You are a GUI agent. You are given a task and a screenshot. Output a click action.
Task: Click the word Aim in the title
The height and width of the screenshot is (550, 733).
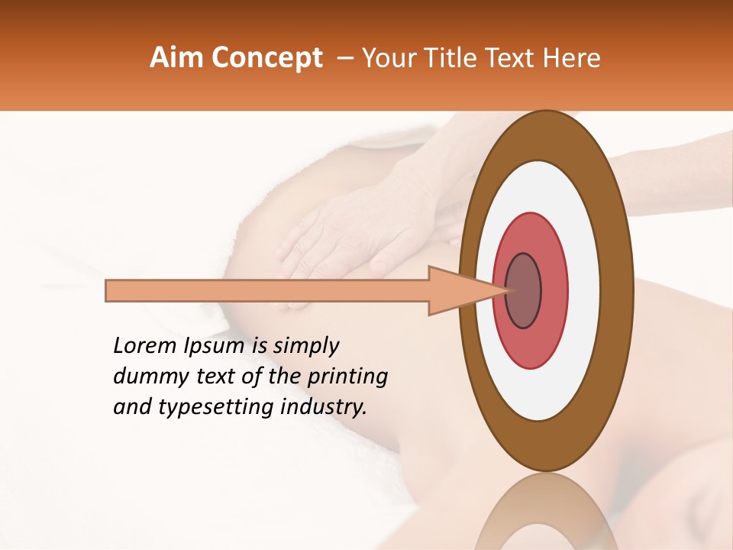pos(176,58)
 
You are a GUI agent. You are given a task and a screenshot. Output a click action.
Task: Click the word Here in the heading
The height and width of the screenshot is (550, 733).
pos(573,58)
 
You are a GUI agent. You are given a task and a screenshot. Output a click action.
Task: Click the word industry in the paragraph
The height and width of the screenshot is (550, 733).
pos(321,407)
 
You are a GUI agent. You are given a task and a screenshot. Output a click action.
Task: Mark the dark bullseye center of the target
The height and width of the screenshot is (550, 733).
pos(524,290)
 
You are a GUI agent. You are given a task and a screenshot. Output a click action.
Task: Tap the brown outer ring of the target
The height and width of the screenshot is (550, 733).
pos(618,290)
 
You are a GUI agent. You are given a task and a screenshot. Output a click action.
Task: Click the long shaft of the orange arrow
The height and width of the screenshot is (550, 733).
pos(267,291)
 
